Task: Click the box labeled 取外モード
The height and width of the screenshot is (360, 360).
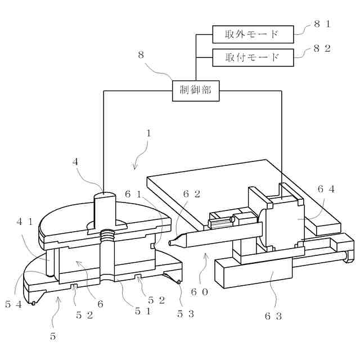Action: point(253,34)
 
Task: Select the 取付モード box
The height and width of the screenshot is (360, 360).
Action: point(253,57)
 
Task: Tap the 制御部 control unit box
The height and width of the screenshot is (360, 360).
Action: point(195,90)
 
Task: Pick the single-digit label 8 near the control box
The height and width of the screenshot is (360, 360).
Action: point(141,55)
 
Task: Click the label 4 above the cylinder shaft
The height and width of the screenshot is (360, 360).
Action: point(75,162)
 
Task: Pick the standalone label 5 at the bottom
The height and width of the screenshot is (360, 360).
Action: point(53,336)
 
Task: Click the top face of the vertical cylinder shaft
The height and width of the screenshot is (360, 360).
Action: point(104,195)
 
